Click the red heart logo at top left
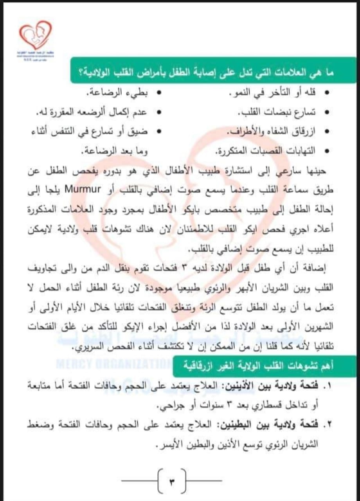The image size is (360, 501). click(36, 36)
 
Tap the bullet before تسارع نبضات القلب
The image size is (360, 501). click(328, 113)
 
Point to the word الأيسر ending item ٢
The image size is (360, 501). click(171, 443)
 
